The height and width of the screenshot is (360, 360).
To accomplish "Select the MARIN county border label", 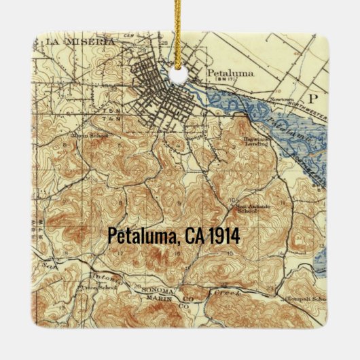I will point(161,298).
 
